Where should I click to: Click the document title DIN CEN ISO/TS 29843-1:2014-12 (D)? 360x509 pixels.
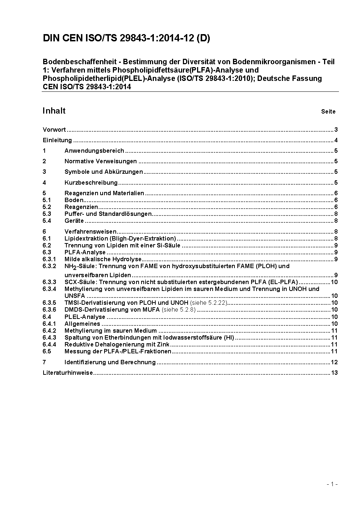(x=126, y=38)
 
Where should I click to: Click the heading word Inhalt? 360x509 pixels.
(x=54, y=111)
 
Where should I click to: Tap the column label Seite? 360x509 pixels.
(x=328, y=112)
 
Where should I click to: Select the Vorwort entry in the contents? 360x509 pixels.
(x=54, y=130)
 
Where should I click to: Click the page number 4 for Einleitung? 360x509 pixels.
(x=336, y=140)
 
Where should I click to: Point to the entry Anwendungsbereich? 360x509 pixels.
(x=94, y=151)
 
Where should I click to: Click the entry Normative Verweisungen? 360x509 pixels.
(x=101, y=161)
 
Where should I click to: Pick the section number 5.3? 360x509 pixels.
(x=47, y=214)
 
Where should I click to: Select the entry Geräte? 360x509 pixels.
(x=74, y=221)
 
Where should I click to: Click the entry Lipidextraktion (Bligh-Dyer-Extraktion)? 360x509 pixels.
(x=120, y=239)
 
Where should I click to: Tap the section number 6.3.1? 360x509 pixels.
(x=49, y=259)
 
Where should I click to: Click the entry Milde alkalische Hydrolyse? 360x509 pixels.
(x=103, y=259)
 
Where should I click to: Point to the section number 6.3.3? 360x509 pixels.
(x=49, y=282)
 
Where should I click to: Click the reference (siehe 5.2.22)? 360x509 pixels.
(x=209, y=303)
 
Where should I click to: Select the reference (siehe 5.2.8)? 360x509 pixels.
(x=179, y=310)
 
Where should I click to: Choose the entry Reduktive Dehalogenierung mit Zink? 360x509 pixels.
(x=117, y=345)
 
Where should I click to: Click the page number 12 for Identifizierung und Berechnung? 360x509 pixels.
(x=334, y=362)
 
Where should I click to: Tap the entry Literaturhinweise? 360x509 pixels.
(x=68, y=373)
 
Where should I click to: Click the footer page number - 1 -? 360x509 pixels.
(x=332, y=484)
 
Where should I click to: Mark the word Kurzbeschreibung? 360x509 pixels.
(x=91, y=182)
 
